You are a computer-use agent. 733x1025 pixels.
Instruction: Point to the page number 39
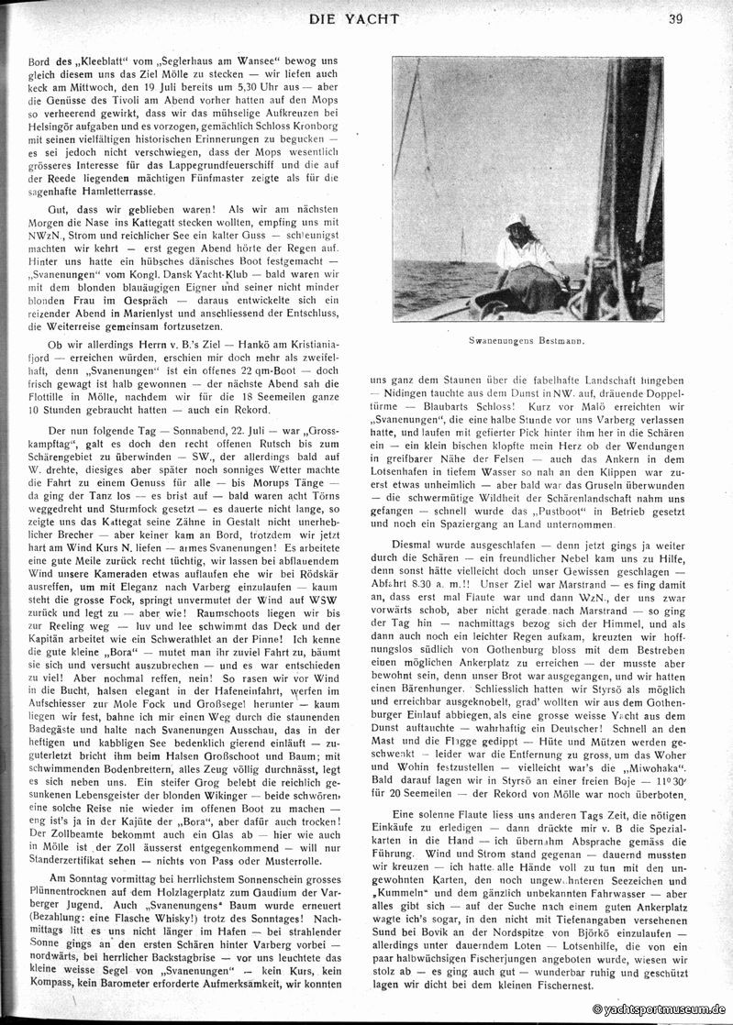[x=675, y=17]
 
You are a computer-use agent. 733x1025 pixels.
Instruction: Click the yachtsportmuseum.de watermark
[x=659, y=1008]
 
